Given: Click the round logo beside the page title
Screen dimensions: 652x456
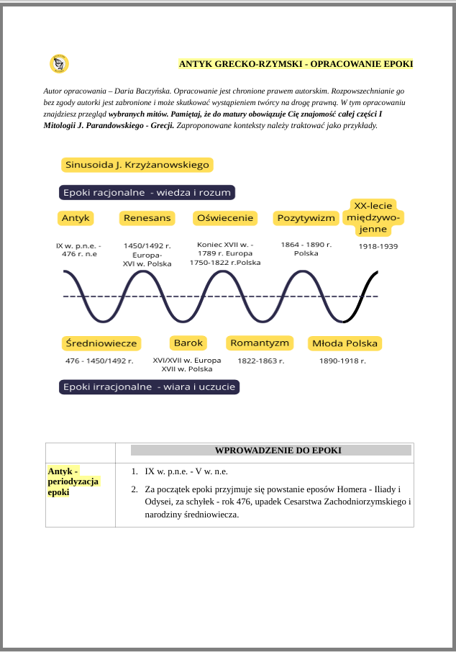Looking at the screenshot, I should point(60,64).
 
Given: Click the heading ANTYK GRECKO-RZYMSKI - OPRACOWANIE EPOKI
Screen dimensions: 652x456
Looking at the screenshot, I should point(296,64).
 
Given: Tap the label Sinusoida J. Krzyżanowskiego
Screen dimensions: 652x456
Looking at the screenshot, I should point(137,165).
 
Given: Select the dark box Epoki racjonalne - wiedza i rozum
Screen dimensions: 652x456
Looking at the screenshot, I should point(147,193).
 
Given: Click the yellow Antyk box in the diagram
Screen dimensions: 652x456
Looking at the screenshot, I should point(76,217).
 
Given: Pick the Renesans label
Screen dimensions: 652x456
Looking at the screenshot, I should point(147,217).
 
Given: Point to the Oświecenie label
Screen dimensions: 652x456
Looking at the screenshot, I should point(224,217).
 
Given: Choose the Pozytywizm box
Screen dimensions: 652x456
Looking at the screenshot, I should point(306,217).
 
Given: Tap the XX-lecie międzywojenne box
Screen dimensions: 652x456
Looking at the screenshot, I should point(373,217).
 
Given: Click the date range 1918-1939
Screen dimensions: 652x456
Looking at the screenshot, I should point(378,246).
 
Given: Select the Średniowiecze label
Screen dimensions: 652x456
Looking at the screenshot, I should point(100,343).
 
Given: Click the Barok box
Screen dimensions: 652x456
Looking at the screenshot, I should point(188,343).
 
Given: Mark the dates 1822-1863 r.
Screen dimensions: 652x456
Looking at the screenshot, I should point(261,361).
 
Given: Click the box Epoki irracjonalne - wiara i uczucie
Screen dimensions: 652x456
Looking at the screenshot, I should point(149,387).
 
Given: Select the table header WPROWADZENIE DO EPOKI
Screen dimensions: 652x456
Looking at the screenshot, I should point(278,450).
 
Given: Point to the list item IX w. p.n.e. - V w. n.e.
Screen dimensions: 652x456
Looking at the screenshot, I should point(186,471).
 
